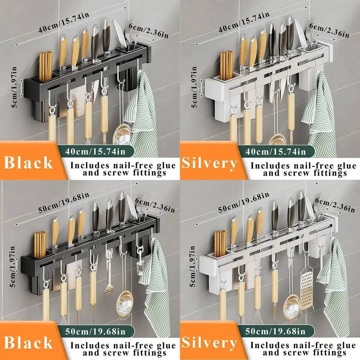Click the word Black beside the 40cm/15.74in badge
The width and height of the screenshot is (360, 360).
[x=28, y=163]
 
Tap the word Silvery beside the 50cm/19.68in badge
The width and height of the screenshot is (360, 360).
[x=209, y=343]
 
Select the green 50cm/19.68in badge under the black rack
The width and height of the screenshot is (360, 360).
[x=95, y=332]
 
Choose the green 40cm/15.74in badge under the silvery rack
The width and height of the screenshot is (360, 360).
[x=275, y=152]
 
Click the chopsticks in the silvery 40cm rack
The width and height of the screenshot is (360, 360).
[x=226, y=66]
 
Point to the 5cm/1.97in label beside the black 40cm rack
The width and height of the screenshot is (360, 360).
[x=14, y=87]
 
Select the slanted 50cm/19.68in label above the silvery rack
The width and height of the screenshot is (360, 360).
[x=244, y=202]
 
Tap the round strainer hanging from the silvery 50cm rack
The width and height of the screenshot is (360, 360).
[x=291, y=305]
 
